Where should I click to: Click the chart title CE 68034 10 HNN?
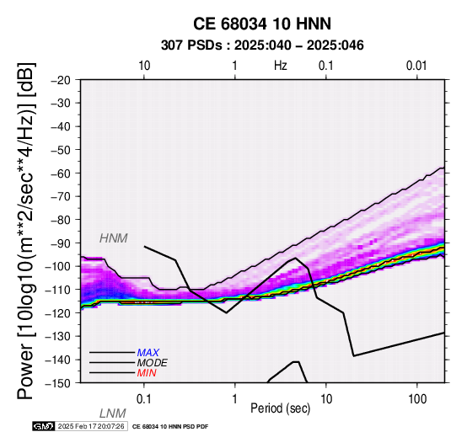click(x=262, y=24)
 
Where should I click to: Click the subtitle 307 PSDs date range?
click(x=262, y=45)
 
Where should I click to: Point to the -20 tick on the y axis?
click(x=61, y=80)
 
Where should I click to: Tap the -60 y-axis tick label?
click(x=61, y=173)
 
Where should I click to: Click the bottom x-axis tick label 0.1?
click(x=143, y=399)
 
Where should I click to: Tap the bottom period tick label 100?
click(x=417, y=399)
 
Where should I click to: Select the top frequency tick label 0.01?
click(x=416, y=66)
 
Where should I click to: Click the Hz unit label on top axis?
click(x=281, y=66)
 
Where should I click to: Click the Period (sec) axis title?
click(x=280, y=408)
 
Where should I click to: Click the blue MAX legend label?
click(x=148, y=353)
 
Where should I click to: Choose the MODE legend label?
click(x=152, y=363)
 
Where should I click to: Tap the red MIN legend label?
click(x=147, y=373)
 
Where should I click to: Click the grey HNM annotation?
click(x=114, y=238)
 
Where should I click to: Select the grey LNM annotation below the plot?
click(x=113, y=413)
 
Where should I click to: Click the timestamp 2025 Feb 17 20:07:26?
click(x=91, y=426)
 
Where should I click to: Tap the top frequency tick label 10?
click(x=144, y=66)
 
